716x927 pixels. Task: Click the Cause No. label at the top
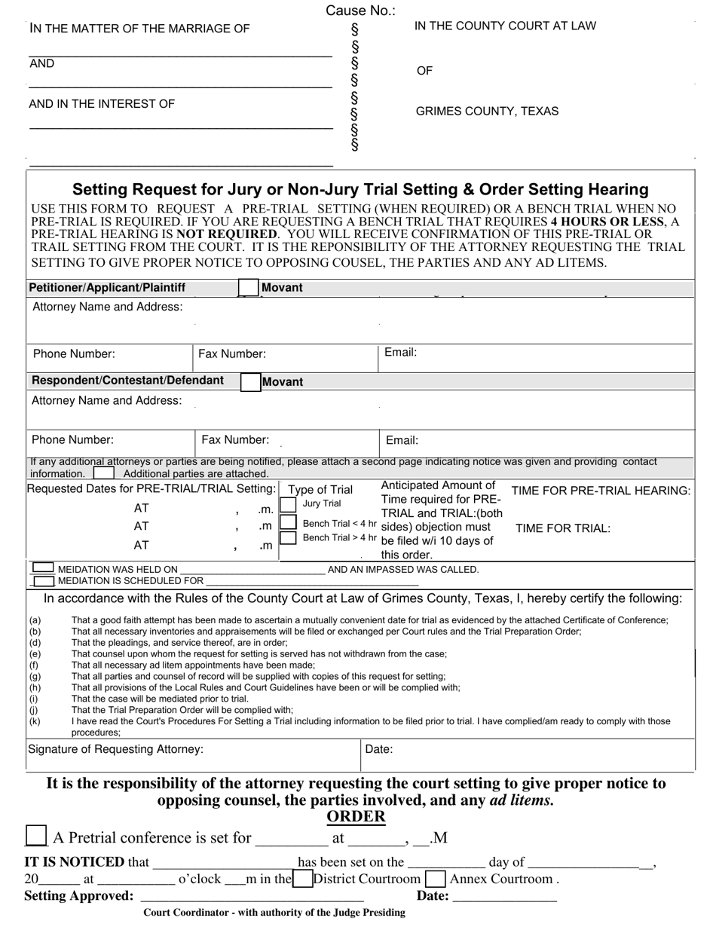[360, 11]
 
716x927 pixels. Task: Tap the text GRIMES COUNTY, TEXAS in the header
[487, 112]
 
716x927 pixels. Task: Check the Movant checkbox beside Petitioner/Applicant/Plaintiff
[248, 288]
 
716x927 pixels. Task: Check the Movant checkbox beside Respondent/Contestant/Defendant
[250, 381]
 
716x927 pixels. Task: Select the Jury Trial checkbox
[288, 504]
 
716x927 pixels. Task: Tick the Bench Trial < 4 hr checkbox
[288, 522]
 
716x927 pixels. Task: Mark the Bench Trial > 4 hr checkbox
[288, 538]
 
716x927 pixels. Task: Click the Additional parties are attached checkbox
[104, 473]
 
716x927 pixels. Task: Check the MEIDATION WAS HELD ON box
[44, 568]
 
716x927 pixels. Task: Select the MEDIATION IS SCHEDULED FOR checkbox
[45, 581]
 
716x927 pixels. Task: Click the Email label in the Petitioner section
[400, 353]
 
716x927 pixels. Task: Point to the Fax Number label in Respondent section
[234, 440]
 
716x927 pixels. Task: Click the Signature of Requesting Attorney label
[115, 749]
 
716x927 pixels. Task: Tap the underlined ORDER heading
[356, 817]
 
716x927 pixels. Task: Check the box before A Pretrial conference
[35, 836]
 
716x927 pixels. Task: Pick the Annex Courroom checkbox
[435, 879]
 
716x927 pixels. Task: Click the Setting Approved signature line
[252, 897]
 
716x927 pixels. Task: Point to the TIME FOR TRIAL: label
[562, 528]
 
